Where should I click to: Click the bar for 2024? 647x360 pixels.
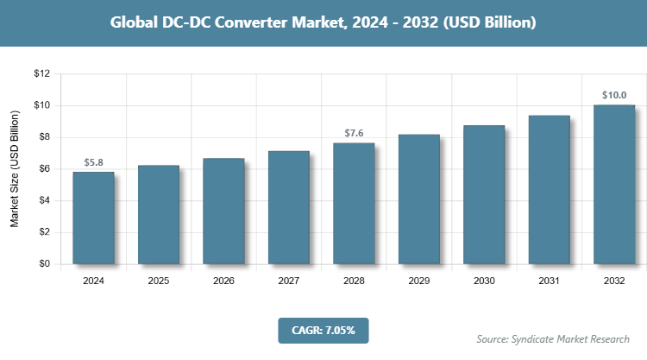point(93,218)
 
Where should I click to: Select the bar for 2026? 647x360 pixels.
point(223,211)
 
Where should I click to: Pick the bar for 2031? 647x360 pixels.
point(549,189)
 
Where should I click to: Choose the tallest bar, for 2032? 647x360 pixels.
point(614,184)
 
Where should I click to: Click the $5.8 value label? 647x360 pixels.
point(93,162)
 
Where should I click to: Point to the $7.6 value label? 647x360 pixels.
point(354,133)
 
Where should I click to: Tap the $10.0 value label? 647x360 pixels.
point(614,95)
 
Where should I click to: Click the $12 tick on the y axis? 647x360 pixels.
point(42,73)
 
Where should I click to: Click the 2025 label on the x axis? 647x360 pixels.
point(158,281)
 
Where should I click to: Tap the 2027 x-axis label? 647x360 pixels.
point(288,281)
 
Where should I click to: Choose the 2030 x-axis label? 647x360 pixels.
point(484,281)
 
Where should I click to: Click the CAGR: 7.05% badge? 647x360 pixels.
point(323,330)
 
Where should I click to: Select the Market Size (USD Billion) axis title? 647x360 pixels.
point(15,168)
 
